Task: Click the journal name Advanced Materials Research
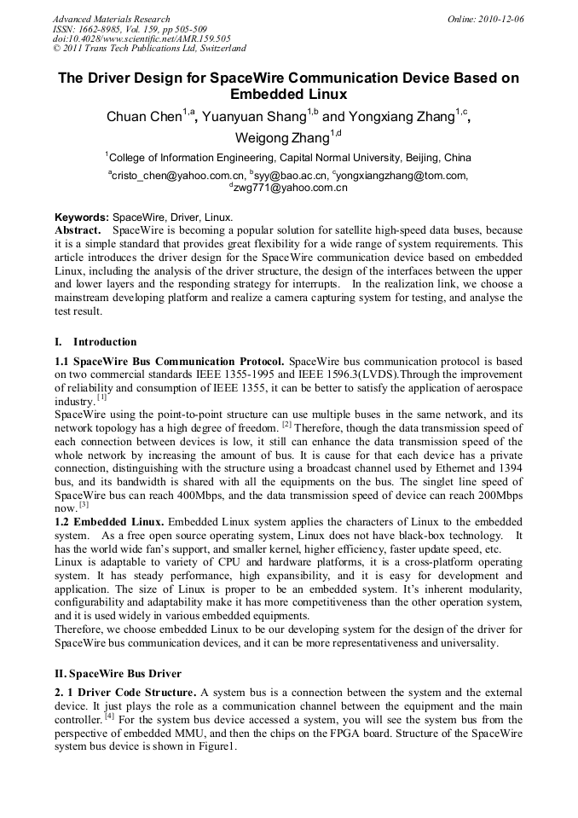coord(111,18)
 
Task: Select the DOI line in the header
coord(142,38)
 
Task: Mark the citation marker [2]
coord(286,424)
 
